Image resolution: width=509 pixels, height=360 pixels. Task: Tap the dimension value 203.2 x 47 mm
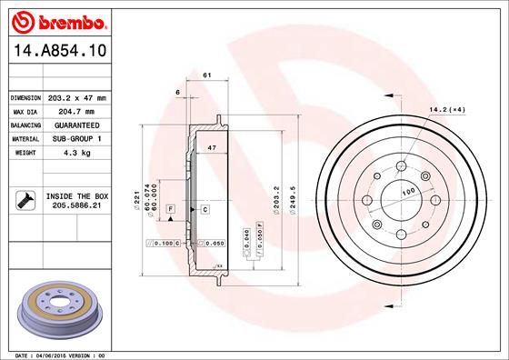pos(76,97)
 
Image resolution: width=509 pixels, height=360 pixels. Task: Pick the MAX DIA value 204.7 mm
pos(76,111)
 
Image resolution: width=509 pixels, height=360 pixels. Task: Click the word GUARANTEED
pos(76,125)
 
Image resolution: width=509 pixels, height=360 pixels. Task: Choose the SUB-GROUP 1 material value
pos(76,138)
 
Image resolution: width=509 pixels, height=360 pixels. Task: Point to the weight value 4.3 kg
pos(76,153)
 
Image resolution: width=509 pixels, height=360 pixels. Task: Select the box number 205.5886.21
pos(76,206)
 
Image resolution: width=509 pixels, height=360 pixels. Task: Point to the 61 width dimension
pos(207,75)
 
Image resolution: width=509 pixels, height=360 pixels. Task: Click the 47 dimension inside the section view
pos(212,146)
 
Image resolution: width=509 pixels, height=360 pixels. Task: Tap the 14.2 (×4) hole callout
pos(446,110)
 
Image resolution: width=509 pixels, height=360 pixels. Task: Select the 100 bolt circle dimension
pos(408,192)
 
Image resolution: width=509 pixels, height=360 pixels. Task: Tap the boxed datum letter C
pos(205,210)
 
